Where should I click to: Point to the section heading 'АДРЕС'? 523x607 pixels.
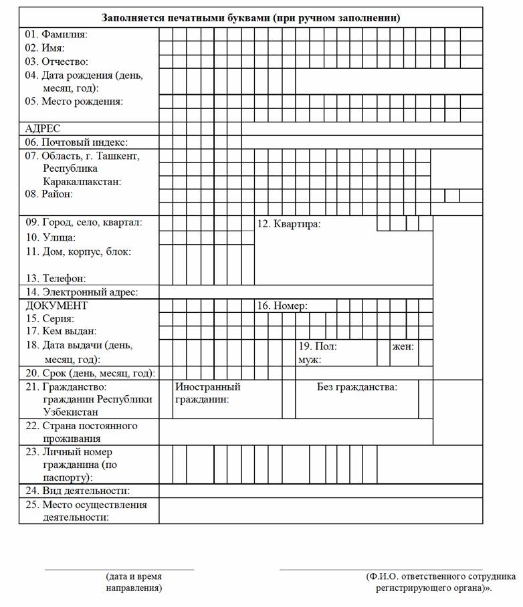click(x=43, y=128)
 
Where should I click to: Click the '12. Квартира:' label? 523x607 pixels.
click(x=289, y=223)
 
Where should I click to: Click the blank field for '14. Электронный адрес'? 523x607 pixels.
click(x=295, y=292)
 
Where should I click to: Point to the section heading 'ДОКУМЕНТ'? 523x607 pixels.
click(x=56, y=306)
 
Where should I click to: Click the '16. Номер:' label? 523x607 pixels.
click(x=282, y=306)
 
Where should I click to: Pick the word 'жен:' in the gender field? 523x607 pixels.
click(x=403, y=347)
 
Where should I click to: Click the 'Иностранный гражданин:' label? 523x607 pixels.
click(x=207, y=393)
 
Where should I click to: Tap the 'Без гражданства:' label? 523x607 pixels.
click(x=356, y=387)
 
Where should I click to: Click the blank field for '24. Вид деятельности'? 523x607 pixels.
click(x=320, y=491)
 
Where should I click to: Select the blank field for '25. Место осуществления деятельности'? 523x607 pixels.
click(x=320, y=511)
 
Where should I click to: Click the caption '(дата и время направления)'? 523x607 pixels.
click(x=134, y=582)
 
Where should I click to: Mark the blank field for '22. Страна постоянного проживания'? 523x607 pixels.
click(x=295, y=432)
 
